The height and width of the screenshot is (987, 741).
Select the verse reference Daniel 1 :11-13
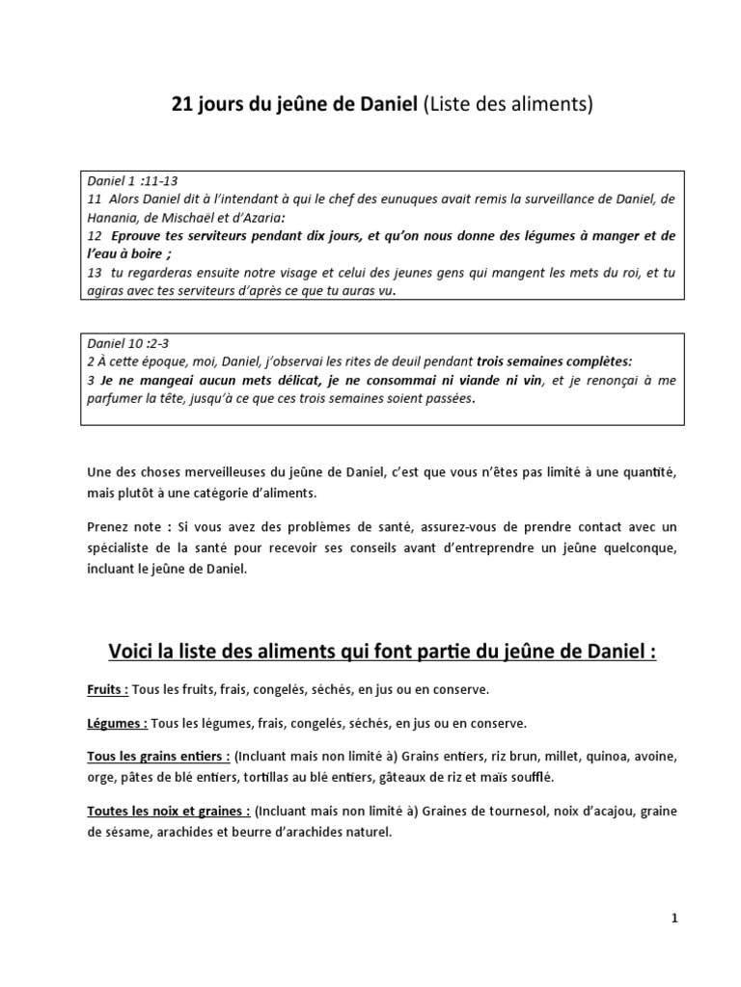click(x=132, y=181)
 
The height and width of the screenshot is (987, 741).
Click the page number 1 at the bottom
click(x=674, y=920)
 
